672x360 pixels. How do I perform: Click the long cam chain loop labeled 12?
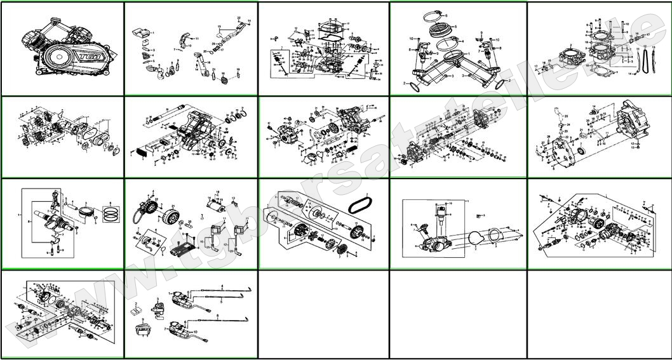tap(646, 60)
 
